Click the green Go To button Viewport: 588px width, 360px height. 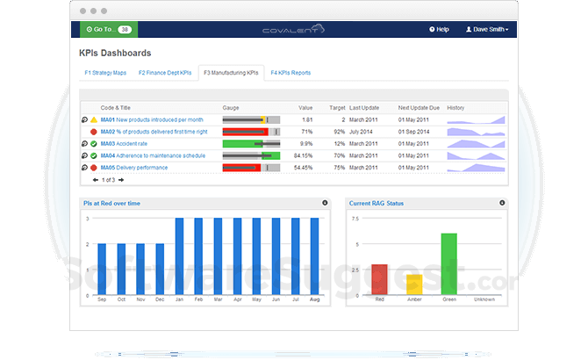point(106,29)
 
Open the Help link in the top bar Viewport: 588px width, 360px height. point(439,29)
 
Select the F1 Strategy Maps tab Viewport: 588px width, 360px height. point(106,72)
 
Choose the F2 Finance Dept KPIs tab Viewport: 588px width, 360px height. point(165,72)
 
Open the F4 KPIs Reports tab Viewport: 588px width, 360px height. point(290,72)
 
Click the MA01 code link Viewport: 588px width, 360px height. point(107,119)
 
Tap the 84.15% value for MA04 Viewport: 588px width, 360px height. point(304,155)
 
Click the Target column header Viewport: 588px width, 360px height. point(336,106)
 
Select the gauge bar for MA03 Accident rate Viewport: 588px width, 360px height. point(251,143)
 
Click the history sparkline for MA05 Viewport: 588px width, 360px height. point(476,167)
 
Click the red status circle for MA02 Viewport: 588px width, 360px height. point(94,132)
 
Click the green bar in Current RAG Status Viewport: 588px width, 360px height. point(448,263)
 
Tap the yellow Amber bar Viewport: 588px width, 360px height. point(414,284)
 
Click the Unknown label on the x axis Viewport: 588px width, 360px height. point(484,299)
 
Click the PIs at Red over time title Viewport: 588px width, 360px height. point(111,203)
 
